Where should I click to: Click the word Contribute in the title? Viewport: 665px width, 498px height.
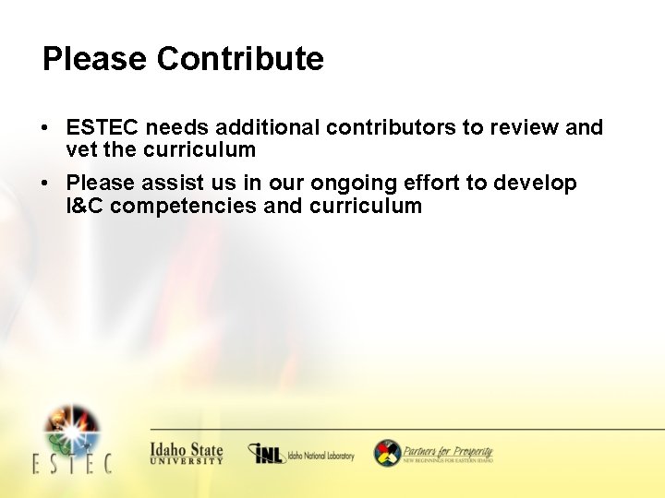[x=240, y=59]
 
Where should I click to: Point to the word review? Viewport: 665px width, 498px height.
[x=521, y=128]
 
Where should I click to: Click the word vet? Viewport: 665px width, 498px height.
[x=79, y=149]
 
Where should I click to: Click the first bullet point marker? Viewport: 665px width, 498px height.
[x=45, y=128]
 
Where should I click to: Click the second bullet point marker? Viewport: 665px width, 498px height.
[x=45, y=184]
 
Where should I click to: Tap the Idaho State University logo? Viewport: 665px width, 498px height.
[x=186, y=453]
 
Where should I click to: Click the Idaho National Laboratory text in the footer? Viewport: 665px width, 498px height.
[x=320, y=456]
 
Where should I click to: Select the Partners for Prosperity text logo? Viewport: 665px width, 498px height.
[x=448, y=453]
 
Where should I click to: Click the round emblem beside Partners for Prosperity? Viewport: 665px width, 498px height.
[x=387, y=453]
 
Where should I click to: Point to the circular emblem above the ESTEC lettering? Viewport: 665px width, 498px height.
[x=72, y=427]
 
